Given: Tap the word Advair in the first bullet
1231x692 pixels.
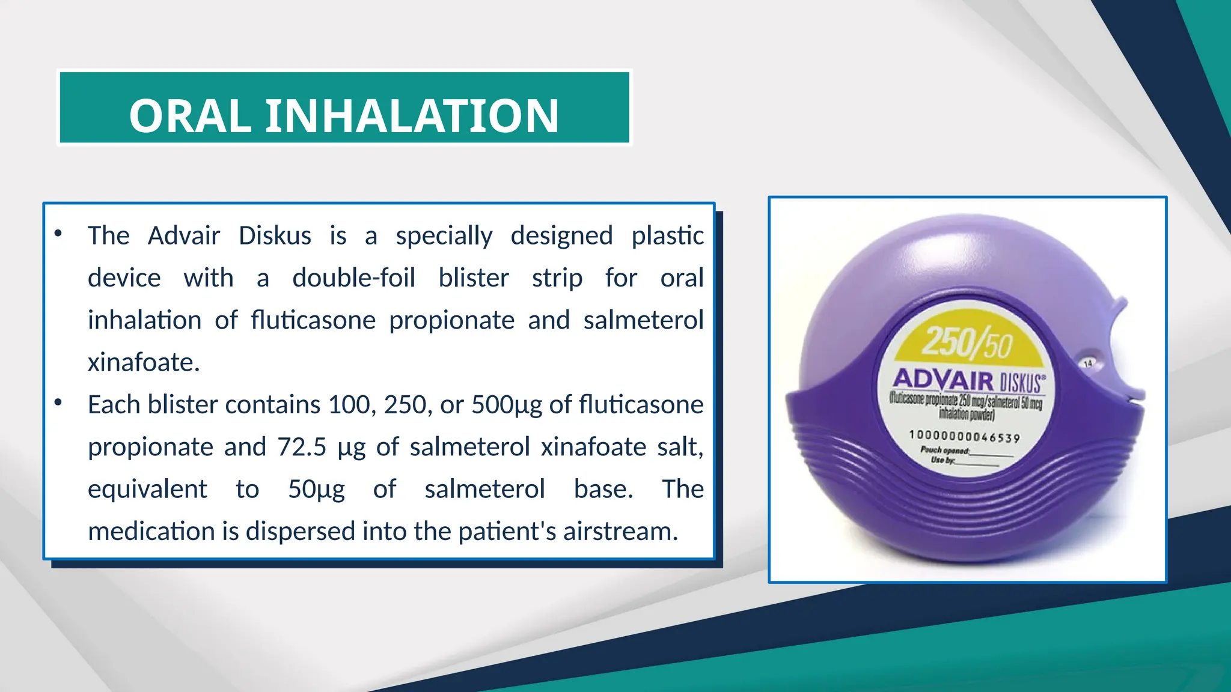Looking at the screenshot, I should click(184, 235).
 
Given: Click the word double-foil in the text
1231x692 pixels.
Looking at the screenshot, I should click(353, 278).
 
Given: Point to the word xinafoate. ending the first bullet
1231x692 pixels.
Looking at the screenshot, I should click(144, 362).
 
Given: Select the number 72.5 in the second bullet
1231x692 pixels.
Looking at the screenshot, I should click(302, 447).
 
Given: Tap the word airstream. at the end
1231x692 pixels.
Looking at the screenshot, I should click(620, 531).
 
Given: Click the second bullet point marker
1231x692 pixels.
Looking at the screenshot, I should click(58, 402).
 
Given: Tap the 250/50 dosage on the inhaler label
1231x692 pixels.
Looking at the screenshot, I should click(967, 342).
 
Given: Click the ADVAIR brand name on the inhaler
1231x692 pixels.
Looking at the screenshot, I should click(943, 380).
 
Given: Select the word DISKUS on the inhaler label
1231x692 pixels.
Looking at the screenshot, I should click(1021, 383).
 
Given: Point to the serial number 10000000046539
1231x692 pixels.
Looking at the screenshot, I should click(964, 436).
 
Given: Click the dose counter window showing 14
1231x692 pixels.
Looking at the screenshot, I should click(1087, 363).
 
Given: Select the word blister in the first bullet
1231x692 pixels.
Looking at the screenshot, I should click(474, 278).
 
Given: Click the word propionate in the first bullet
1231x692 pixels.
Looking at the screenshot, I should click(451, 320).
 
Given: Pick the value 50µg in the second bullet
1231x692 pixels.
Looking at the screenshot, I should click(316, 489).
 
